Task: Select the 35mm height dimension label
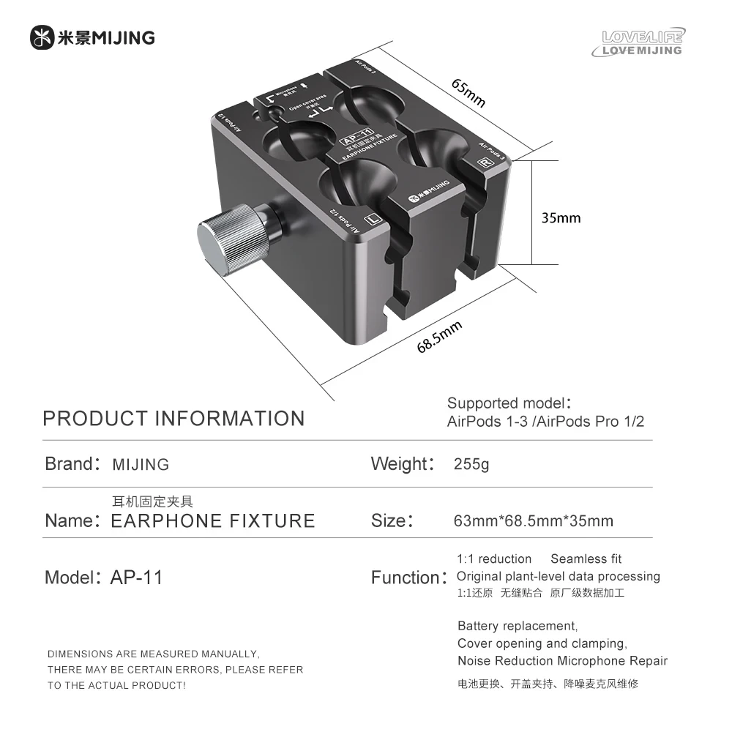coord(561,217)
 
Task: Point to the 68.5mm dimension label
coord(439,336)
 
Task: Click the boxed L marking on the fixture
coord(373,219)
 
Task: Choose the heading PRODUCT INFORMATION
coord(173,419)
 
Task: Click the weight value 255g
coord(471,464)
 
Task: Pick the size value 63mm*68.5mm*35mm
coord(533,521)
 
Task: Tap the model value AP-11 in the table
coord(136,578)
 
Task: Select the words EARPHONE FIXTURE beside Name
coord(212,521)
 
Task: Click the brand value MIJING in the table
coord(141,465)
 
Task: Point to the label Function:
coord(408,578)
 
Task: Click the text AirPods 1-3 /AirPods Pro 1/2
coord(545,422)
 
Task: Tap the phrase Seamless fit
coord(586,559)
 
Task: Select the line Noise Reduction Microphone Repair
coord(562,661)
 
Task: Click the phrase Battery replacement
coord(518,626)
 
